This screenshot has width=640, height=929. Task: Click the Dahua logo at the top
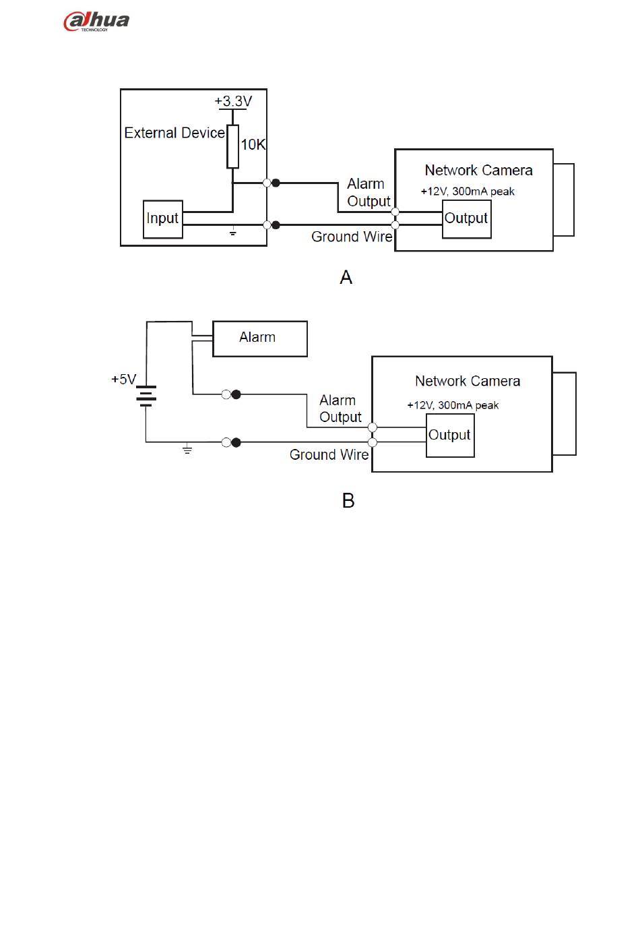click(x=96, y=21)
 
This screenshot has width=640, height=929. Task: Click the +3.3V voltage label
click(x=233, y=101)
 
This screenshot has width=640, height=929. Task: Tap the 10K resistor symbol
click(x=232, y=146)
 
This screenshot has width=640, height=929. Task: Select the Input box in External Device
click(x=163, y=219)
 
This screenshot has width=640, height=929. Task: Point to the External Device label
click(x=174, y=133)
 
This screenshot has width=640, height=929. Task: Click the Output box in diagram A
click(x=466, y=218)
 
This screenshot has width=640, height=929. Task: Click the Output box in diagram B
click(x=450, y=436)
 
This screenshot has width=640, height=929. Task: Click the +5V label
click(x=123, y=380)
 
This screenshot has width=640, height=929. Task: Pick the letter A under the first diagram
click(x=346, y=277)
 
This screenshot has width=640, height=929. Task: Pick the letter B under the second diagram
click(x=348, y=501)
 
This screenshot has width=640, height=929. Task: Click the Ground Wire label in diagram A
click(x=351, y=237)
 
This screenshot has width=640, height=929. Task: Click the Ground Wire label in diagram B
click(x=329, y=455)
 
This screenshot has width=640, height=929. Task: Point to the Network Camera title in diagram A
click(x=478, y=171)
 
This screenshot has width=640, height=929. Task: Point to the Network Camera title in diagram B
click(x=468, y=382)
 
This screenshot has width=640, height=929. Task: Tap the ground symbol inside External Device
click(x=232, y=233)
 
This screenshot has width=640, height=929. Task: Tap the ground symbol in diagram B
click(x=187, y=450)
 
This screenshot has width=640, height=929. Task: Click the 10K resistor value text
click(x=253, y=144)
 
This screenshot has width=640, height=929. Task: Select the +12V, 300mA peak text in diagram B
click(x=453, y=405)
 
